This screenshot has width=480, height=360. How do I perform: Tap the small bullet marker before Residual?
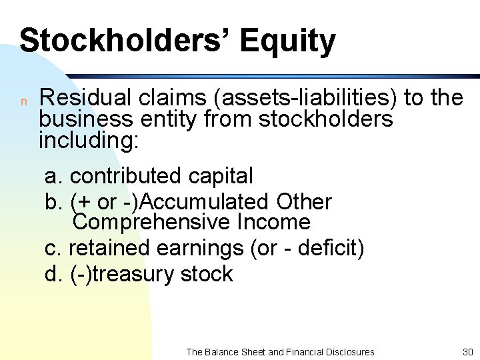(23, 101)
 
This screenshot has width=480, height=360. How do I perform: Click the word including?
(89, 141)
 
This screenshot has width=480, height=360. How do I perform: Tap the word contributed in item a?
(126, 176)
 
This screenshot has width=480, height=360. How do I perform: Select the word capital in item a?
(221, 176)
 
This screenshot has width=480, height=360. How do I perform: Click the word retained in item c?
(109, 248)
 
